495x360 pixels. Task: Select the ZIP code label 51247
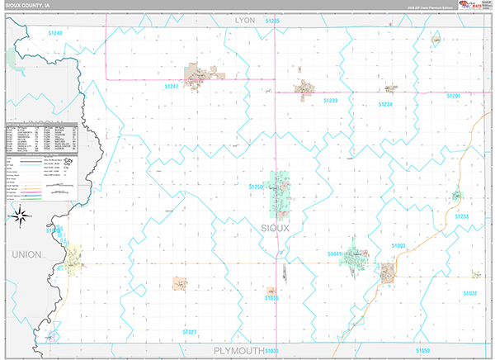pyautogui.click(x=172, y=85)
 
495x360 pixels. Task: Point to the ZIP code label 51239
pyautogui.click(x=330, y=100)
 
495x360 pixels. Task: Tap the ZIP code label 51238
pyautogui.click(x=462, y=216)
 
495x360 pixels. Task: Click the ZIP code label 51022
pyautogui.click(x=470, y=293)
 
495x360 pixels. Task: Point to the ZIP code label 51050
pyautogui.click(x=422, y=350)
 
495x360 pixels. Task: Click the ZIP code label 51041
pyautogui.click(x=334, y=253)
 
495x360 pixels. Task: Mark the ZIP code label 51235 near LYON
pyautogui.click(x=273, y=19)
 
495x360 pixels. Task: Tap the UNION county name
pyautogui.click(x=26, y=254)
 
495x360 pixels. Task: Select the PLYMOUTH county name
pyautogui.click(x=238, y=351)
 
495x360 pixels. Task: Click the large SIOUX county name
pyautogui.click(x=276, y=227)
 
